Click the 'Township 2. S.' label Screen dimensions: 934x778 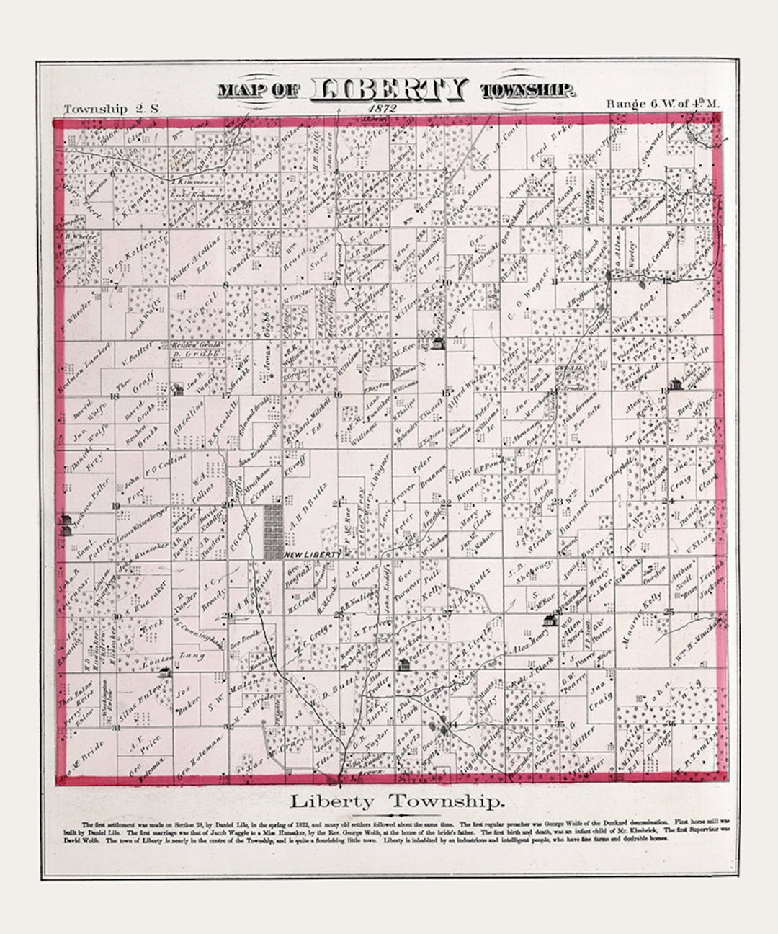click(105, 109)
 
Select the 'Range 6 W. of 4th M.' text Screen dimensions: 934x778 click(662, 104)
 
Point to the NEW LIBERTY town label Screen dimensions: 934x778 click(312, 553)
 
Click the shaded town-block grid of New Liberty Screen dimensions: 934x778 click(273, 532)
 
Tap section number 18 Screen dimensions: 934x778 click(114, 396)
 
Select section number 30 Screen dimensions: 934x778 click(115, 616)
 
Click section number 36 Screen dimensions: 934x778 click(671, 722)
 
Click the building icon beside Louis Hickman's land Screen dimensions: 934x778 click(675, 384)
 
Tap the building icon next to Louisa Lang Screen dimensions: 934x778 click(166, 672)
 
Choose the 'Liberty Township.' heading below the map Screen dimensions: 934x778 click(397, 801)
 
